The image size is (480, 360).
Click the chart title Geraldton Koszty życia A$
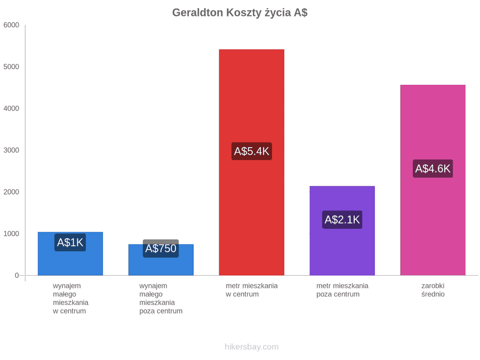pos(239,13)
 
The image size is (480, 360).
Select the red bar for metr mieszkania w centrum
pos(252,162)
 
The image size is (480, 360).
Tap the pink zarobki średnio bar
pos(433,180)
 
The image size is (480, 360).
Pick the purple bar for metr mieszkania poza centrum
pos(342,230)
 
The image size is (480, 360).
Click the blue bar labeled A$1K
pos(70,253)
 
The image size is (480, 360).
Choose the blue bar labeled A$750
pos(161,260)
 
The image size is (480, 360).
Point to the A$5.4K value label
pos(252,151)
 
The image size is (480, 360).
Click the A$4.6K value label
pos(433,169)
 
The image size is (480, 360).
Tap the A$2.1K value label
pos(342,220)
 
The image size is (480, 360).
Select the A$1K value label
pos(70,243)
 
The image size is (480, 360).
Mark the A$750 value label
pos(161,248)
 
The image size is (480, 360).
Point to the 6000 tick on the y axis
pos(11,25)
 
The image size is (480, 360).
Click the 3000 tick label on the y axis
pos(11,150)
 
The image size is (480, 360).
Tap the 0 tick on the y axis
pos(17,276)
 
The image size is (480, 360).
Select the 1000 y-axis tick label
pos(11,234)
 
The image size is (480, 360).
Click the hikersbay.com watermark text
pos(252,347)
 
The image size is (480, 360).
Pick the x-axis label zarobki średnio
pos(433,290)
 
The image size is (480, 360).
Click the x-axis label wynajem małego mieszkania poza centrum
pos(161,299)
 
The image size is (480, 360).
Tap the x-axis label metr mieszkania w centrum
pos(252,290)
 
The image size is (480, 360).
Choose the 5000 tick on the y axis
pos(11,67)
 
